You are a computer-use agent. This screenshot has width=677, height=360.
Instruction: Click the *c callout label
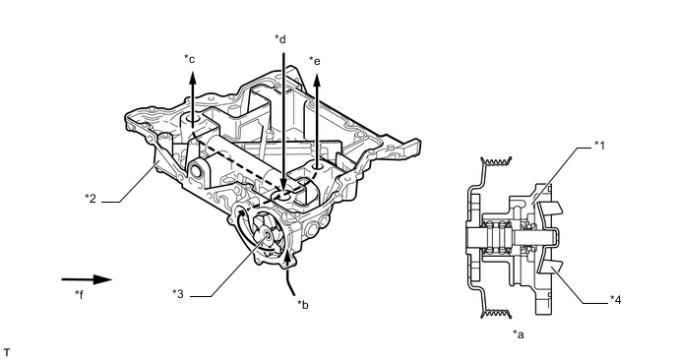(x=190, y=58)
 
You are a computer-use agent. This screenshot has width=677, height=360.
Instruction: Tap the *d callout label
(x=280, y=38)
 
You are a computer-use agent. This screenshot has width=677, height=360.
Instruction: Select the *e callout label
(x=315, y=61)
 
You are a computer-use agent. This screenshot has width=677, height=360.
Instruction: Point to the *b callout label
(x=303, y=304)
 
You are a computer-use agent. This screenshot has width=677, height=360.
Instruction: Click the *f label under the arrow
(x=79, y=294)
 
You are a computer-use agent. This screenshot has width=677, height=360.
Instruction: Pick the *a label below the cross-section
(x=519, y=333)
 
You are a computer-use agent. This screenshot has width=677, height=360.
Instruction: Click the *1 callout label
(x=599, y=145)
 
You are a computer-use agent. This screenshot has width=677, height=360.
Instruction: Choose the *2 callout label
(x=91, y=198)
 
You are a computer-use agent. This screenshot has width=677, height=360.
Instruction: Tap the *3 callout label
(x=177, y=294)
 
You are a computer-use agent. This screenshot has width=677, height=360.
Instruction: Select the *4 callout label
(x=615, y=299)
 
